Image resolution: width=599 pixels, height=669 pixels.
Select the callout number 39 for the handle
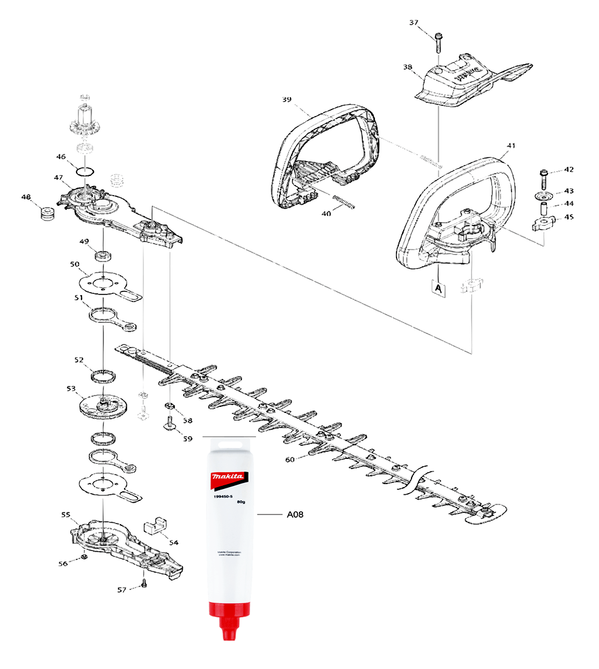[286, 99]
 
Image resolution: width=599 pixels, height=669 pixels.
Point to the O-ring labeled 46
[86, 172]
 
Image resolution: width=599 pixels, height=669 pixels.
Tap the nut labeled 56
[85, 558]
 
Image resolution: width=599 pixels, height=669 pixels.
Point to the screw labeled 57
[144, 584]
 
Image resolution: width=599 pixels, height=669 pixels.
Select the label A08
[293, 514]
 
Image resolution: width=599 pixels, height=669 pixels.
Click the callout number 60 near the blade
[290, 460]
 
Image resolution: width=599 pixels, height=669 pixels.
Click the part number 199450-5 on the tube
[218, 495]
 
